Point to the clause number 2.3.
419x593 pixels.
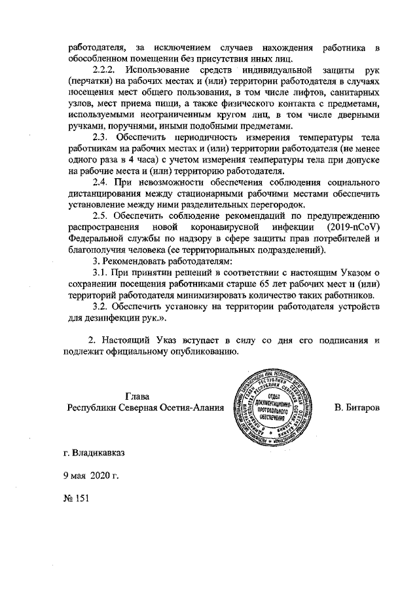[103, 138]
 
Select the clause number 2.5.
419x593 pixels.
[103, 219]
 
